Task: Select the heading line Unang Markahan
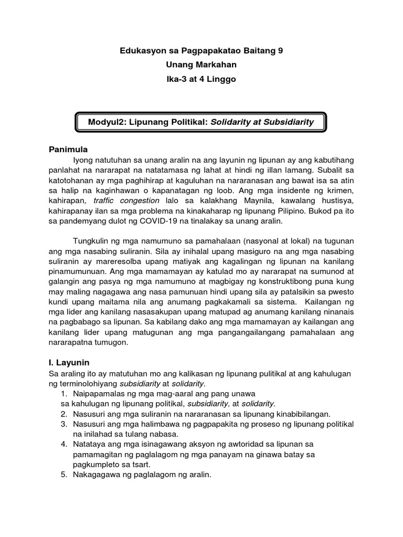coord(201,65)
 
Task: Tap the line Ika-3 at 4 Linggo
coord(201,79)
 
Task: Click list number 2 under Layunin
coord(62,414)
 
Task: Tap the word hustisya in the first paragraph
coord(337,200)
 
